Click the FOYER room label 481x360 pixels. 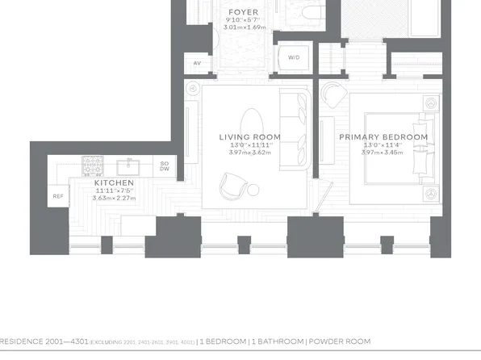[x=244, y=12]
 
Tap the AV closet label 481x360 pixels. [x=196, y=62]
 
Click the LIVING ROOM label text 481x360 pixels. [x=250, y=137]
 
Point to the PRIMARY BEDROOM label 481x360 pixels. [x=383, y=137]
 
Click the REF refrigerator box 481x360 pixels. [x=58, y=196]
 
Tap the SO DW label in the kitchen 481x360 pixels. [x=165, y=166]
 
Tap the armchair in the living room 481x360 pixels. [x=232, y=188]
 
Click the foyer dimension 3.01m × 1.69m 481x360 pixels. [x=244, y=27]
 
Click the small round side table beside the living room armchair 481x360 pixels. [x=253, y=190]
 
